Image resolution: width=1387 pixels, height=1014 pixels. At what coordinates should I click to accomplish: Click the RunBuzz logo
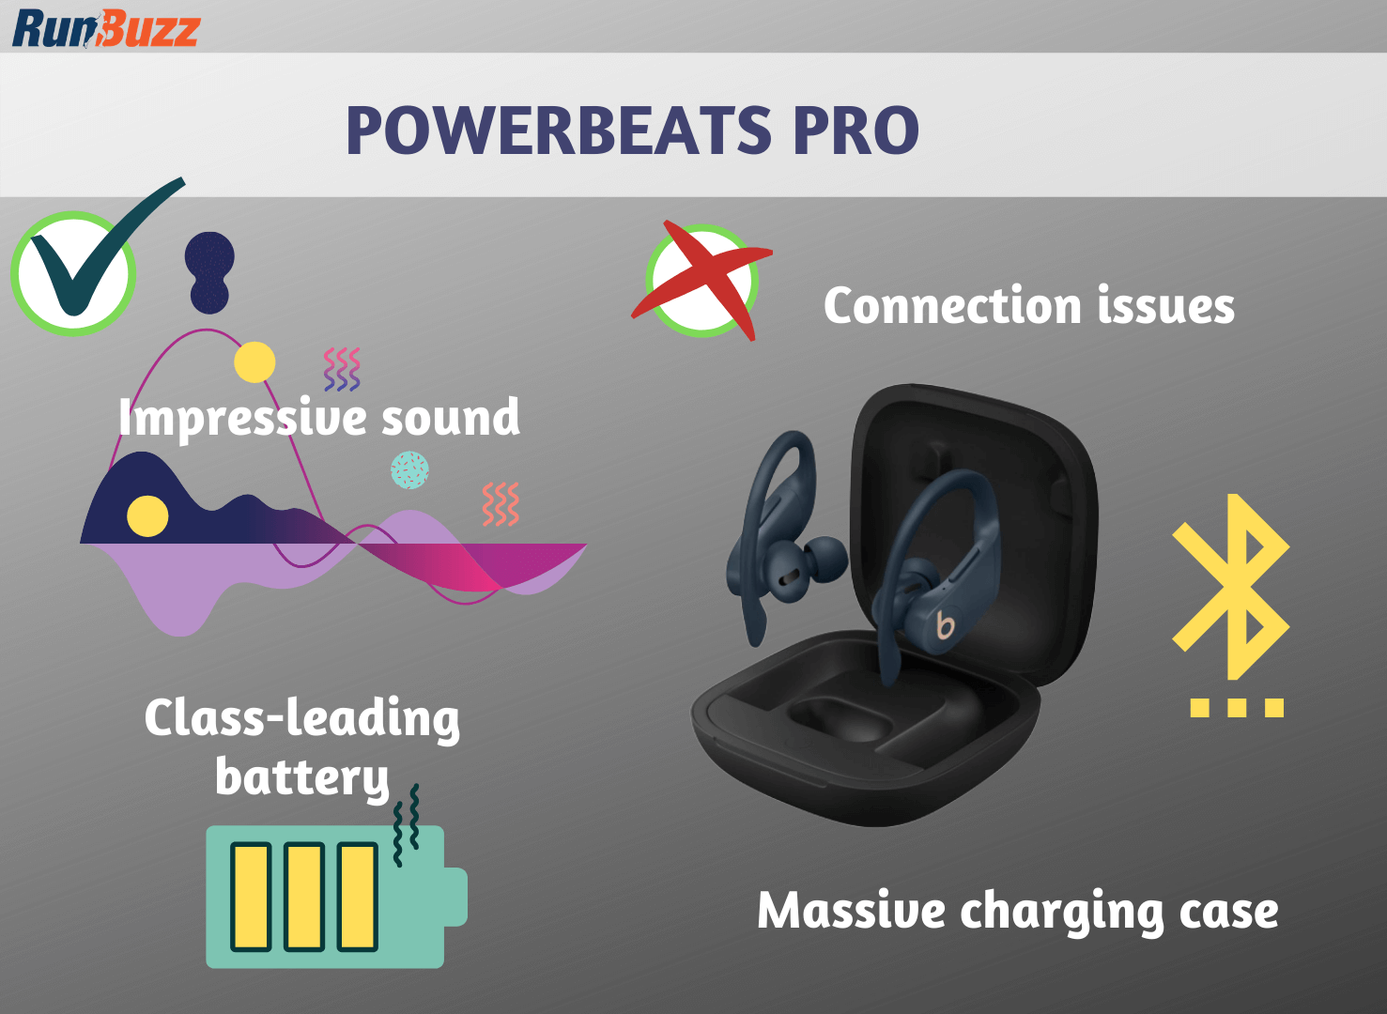[x=105, y=28]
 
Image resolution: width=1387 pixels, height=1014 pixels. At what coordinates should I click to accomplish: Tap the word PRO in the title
[x=855, y=131]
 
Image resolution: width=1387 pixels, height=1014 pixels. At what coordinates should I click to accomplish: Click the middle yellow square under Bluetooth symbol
[x=1237, y=707]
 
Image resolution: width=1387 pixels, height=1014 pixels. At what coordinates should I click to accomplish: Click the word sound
[x=450, y=419]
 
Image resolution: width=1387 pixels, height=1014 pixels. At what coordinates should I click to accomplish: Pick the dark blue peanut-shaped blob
[x=209, y=272]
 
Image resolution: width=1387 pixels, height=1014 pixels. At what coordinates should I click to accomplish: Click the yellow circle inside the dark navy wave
[x=147, y=515]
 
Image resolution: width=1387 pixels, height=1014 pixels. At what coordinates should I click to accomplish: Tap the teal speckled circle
[x=409, y=469]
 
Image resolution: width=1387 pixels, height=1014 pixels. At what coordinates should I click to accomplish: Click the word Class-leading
[x=301, y=719]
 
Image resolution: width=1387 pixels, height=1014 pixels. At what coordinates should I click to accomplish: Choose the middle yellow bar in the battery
[x=304, y=897]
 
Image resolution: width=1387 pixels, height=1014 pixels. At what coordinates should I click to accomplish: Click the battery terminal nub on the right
[x=455, y=897]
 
